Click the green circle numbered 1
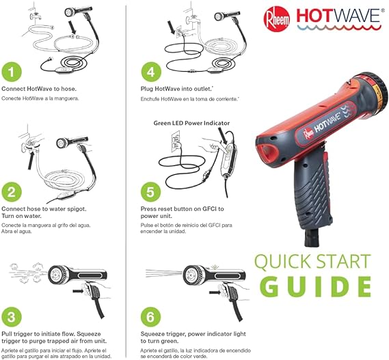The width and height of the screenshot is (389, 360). pyautogui.click(x=12, y=72)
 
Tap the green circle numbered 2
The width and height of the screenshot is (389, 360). pyautogui.click(x=12, y=192)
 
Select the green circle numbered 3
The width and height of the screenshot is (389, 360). pyautogui.click(x=12, y=317)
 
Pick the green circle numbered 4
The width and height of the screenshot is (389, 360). pyautogui.click(x=151, y=72)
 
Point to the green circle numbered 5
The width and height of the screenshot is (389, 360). pyautogui.click(x=151, y=192)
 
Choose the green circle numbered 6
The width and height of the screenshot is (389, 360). pyautogui.click(x=151, y=317)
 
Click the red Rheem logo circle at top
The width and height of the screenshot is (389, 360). pyautogui.click(x=277, y=19)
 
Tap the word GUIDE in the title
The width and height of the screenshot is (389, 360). pyautogui.click(x=315, y=286)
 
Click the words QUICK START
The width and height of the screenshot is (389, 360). pyautogui.click(x=313, y=262)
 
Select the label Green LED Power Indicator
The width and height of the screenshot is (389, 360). pyautogui.click(x=191, y=123)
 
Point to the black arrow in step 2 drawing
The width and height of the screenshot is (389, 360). pyautogui.click(x=31, y=161)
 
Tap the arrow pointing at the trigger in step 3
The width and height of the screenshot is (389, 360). pyautogui.click(x=79, y=290)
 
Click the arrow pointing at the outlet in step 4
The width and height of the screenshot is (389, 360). pyautogui.click(x=172, y=27)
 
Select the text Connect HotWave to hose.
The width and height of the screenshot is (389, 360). pyautogui.click(x=39, y=89)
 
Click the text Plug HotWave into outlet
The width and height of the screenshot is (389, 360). pyautogui.click(x=177, y=89)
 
